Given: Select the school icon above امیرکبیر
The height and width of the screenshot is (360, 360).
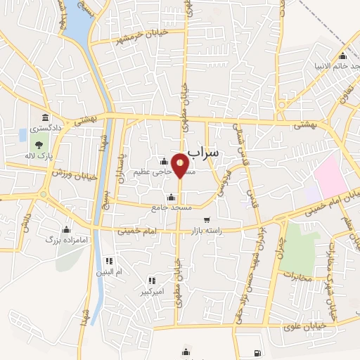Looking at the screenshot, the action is point(151,281).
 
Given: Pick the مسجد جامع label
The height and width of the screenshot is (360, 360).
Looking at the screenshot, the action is point(167,207).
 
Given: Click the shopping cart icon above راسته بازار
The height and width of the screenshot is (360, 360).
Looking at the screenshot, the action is point(206,219).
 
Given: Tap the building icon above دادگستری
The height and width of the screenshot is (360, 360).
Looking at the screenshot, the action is point(46,117).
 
